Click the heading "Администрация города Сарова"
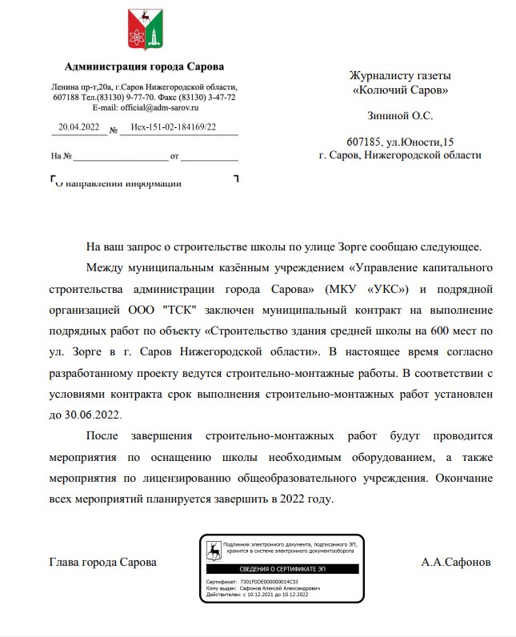(144, 66)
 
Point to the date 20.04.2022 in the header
(78, 126)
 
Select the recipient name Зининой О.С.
(400, 116)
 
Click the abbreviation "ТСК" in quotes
(177, 309)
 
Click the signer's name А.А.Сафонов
(457, 562)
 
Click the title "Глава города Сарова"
(102, 562)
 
